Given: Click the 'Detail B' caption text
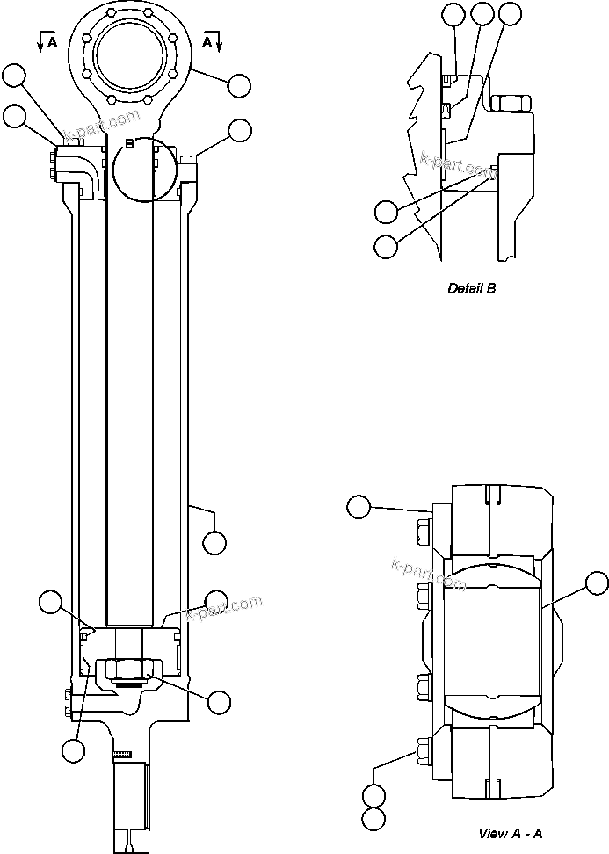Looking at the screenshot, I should [471, 288].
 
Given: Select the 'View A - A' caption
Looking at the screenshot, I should [510, 833].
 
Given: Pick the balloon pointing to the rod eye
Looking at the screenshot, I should [240, 85].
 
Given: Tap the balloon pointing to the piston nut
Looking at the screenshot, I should [219, 701].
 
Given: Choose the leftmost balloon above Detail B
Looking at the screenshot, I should [453, 13].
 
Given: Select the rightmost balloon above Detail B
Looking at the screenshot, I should [510, 13].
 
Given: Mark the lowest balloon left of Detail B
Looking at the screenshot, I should [385, 247].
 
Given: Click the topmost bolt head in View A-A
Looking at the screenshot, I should [420, 530].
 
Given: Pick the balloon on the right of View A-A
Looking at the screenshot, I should [597, 583].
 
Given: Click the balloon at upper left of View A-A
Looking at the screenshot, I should [358, 506].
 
